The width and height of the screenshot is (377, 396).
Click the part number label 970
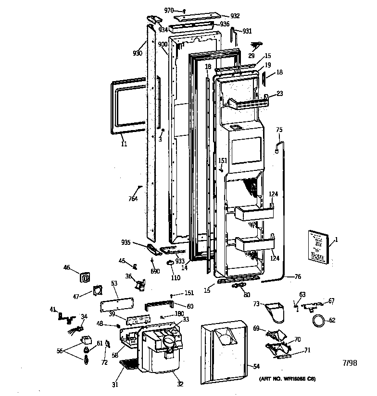168,10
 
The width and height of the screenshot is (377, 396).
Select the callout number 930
138,53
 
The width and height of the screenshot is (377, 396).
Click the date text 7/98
350,363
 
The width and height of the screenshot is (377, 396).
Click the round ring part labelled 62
318,321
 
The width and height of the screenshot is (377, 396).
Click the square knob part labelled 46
86,277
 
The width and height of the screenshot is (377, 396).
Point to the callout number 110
175,278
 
